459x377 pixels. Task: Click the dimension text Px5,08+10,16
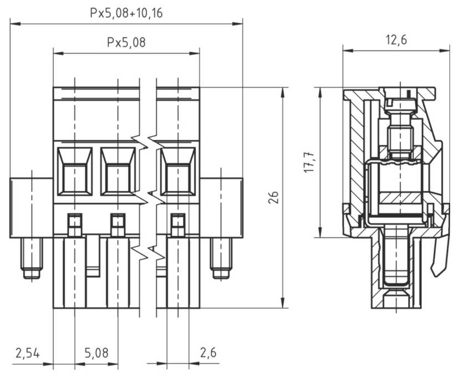click(x=126, y=13)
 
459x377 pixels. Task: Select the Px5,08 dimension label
click(x=126, y=42)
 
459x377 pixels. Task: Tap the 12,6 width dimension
click(x=396, y=40)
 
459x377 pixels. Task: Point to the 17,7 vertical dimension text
click(x=309, y=161)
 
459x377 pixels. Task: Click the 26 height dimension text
click(x=273, y=197)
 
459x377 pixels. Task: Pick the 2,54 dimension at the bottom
click(x=27, y=353)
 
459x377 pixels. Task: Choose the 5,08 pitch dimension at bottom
click(x=96, y=353)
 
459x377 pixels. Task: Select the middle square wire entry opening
click(x=118, y=171)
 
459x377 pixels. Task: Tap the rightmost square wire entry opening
click(x=178, y=171)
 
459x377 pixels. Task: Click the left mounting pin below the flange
click(x=32, y=259)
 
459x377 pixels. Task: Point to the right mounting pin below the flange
click(x=221, y=259)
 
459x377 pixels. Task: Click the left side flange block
click(x=32, y=207)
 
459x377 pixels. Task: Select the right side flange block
click(x=221, y=207)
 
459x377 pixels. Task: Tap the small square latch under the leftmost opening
click(x=74, y=225)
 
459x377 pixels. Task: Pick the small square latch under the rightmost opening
click(x=177, y=225)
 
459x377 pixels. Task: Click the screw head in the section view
click(x=401, y=102)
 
